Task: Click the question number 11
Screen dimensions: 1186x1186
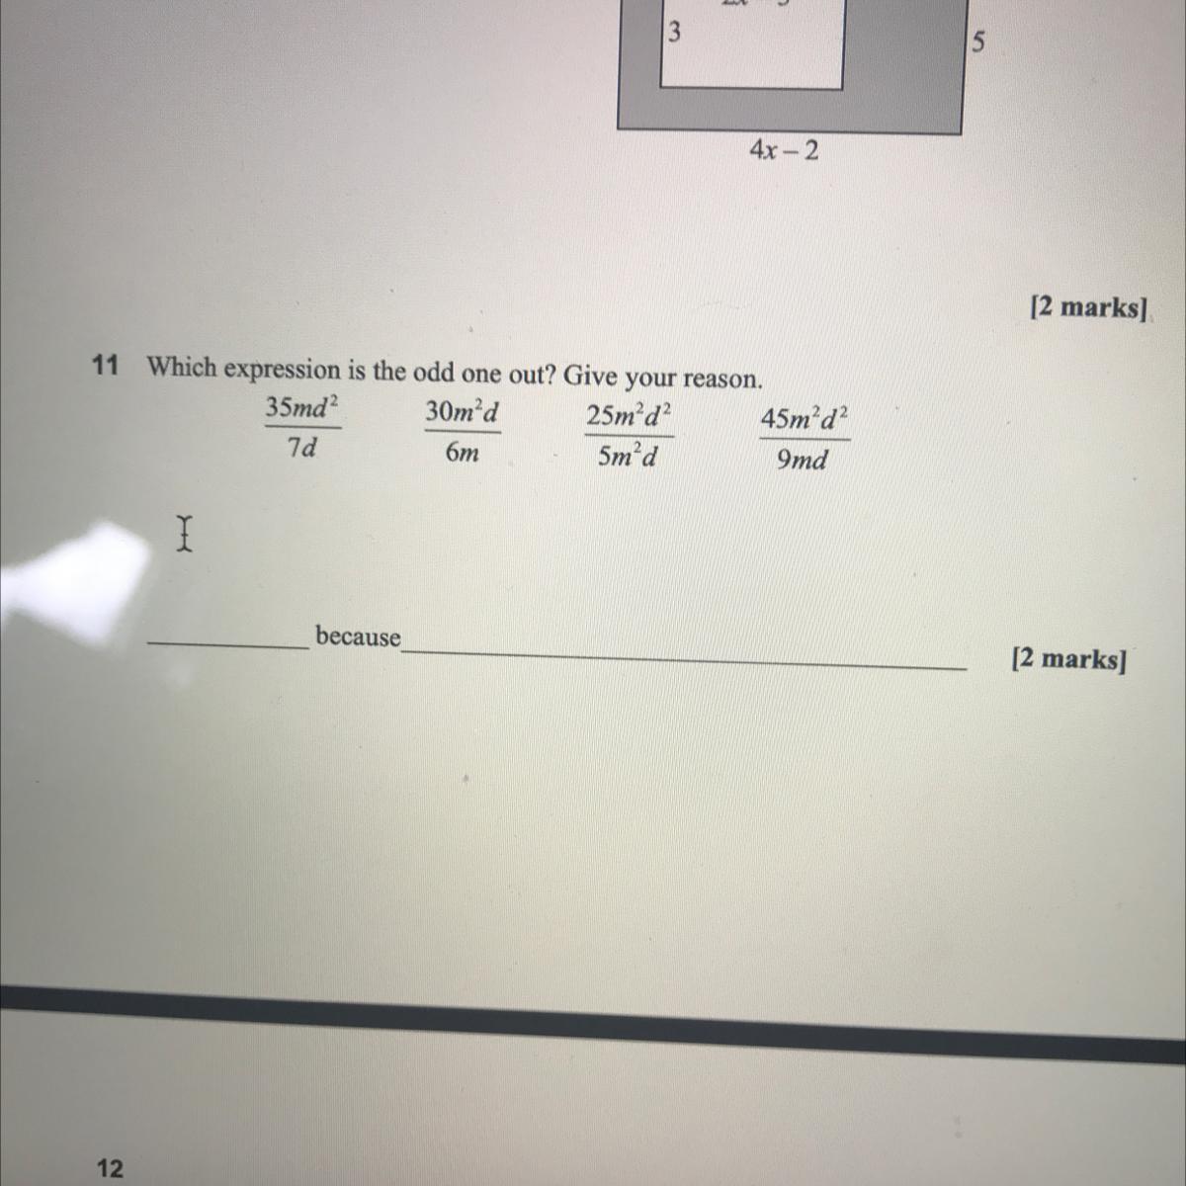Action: tap(105, 366)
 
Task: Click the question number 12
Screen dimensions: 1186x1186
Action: tap(110, 1168)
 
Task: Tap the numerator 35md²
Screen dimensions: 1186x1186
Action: tap(301, 407)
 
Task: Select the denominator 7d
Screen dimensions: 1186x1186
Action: tap(302, 448)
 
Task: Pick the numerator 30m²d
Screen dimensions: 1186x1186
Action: tap(462, 411)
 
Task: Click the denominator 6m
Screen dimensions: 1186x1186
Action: tap(462, 453)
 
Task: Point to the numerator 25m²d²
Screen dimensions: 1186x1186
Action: tap(630, 416)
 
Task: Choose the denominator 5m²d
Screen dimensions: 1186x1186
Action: tap(628, 457)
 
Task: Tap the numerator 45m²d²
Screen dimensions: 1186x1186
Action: tap(804, 419)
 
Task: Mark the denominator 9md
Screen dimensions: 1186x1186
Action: tap(802, 461)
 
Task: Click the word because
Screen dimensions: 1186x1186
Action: tap(358, 636)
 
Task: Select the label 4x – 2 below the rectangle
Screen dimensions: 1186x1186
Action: tap(784, 150)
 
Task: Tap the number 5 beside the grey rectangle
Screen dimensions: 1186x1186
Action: tap(977, 42)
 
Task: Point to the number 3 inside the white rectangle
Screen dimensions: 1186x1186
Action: tap(674, 33)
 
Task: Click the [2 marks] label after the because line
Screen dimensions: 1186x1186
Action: tap(1068, 659)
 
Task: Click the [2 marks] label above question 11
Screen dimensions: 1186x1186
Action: tap(1087, 307)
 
